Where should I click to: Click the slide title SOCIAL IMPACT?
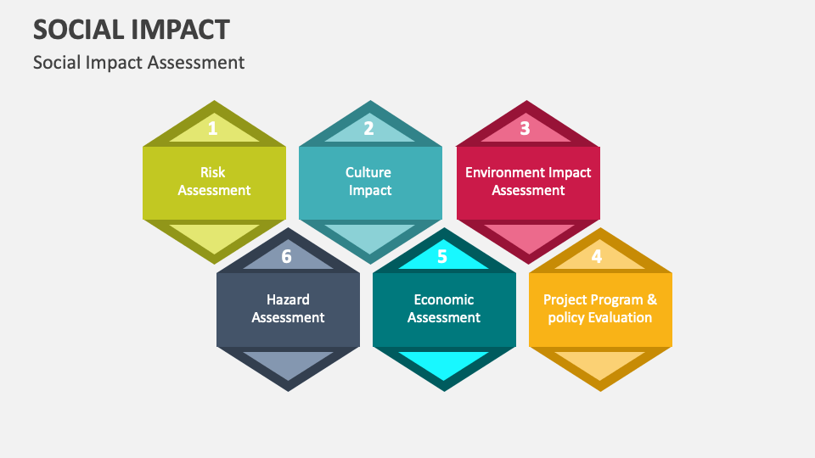pos(131,29)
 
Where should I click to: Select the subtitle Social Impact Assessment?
pos(138,62)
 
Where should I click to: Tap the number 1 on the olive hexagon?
pos(213,129)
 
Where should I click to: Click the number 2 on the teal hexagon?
pos(368,129)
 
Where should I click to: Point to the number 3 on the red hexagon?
pos(525,129)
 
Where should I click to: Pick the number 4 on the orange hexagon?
pos(597,256)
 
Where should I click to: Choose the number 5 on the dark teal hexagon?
pos(441,256)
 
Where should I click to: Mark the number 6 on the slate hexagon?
pos(286,256)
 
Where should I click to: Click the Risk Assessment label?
pos(214,182)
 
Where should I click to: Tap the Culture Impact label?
pos(369,182)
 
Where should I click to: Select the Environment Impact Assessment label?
pos(528,182)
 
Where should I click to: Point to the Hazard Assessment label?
pos(288,309)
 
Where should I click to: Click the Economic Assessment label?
pos(444,309)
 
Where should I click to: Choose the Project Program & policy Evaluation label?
pos(599,309)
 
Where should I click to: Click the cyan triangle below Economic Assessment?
pos(444,362)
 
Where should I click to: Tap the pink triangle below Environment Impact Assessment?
pos(528,235)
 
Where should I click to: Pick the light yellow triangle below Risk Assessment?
pos(214,235)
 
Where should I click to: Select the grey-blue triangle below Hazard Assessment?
pos(288,362)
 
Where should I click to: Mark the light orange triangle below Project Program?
pos(599,362)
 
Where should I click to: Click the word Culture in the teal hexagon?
pos(368,172)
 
